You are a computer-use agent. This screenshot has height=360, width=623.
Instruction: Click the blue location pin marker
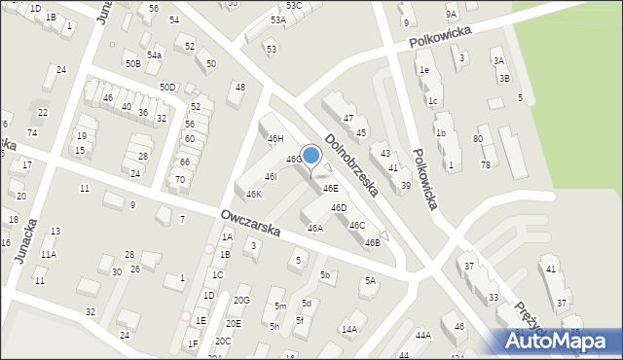pyautogui.click(x=311, y=156)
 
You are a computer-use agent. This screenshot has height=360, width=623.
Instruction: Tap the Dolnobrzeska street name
pyautogui.click(x=351, y=163)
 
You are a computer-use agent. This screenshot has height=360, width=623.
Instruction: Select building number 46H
pyautogui.click(x=275, y=139)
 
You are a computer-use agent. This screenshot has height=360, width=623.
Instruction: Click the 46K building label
pyautogui.click(x=253, y=194)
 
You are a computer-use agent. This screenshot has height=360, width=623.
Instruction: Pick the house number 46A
pyautogui.click(x=315, y=229)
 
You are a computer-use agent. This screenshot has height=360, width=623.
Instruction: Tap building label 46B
pyautogui.click(x=372, y=242)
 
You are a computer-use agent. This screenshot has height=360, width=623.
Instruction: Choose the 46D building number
pyautogui.click(x=339, y=207)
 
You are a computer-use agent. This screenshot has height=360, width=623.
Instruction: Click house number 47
pyautogui.click(x=348, y=118)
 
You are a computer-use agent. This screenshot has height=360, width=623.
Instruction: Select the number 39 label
pyautogui.click(x=405, y=185)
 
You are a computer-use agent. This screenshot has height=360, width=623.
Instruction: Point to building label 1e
pyautogui.click(x=423, y=70)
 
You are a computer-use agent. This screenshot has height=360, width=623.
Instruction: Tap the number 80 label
pyautogui.click(x=478, y=138)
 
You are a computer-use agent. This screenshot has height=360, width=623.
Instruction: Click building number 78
pyautogui.click(x=485, y=164)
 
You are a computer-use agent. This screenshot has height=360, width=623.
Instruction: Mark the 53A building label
pyautogui.click(x=278, y=19)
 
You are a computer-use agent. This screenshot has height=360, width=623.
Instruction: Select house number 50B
pyautogui.click(x=132, y=63)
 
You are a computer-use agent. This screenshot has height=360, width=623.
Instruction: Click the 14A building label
pyautogui.click(x=349, y=330)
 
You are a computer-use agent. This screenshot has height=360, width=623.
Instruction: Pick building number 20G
pyautogui.click(x=241, y=300)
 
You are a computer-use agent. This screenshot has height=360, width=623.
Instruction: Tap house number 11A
pyautogui.click(x=48, y=254)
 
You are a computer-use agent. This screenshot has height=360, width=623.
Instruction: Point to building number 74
pyautogui.click(x=32, y=132)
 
